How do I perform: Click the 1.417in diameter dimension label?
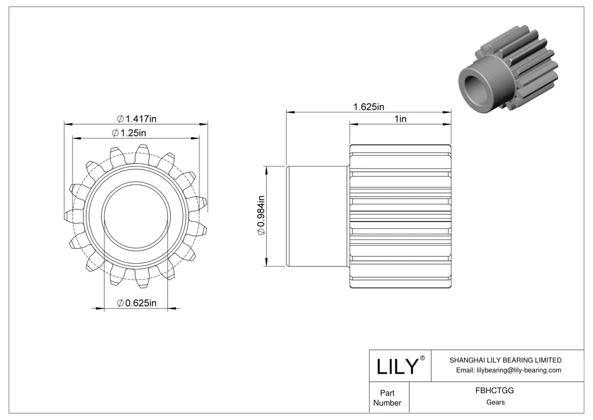(x=137, y=119)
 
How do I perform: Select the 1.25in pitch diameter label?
(x=129, y=133)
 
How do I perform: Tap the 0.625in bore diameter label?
(x=137, y=303)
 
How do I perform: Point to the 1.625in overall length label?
(x=368, y=107)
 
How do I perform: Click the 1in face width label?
(x=400, y=119)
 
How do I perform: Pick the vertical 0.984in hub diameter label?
(x=261, y=215)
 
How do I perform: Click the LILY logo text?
(x=397, y=366)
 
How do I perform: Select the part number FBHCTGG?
(x=494, y=391)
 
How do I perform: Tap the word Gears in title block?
(x=495, y=402)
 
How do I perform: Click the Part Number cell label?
(x=387, y=398)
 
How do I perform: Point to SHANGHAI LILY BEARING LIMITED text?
(x=505, y=360)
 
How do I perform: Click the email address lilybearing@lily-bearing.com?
(x=519, y=370)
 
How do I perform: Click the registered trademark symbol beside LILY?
(x=423, y=358)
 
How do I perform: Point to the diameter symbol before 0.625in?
(x=120, y=303)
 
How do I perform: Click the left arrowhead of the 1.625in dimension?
(x=289, y=112)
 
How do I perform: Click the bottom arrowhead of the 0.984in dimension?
(x=265, y=263)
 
